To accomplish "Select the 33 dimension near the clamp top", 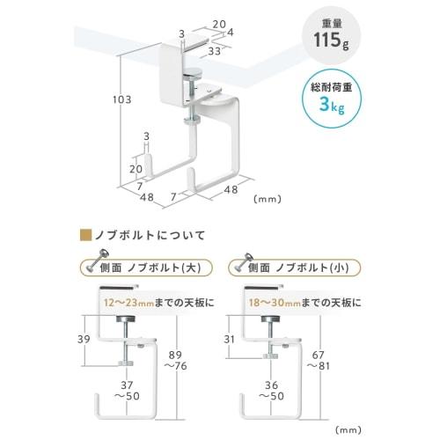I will click(x=216, y=51).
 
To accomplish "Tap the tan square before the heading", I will click(x=85, y=234).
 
